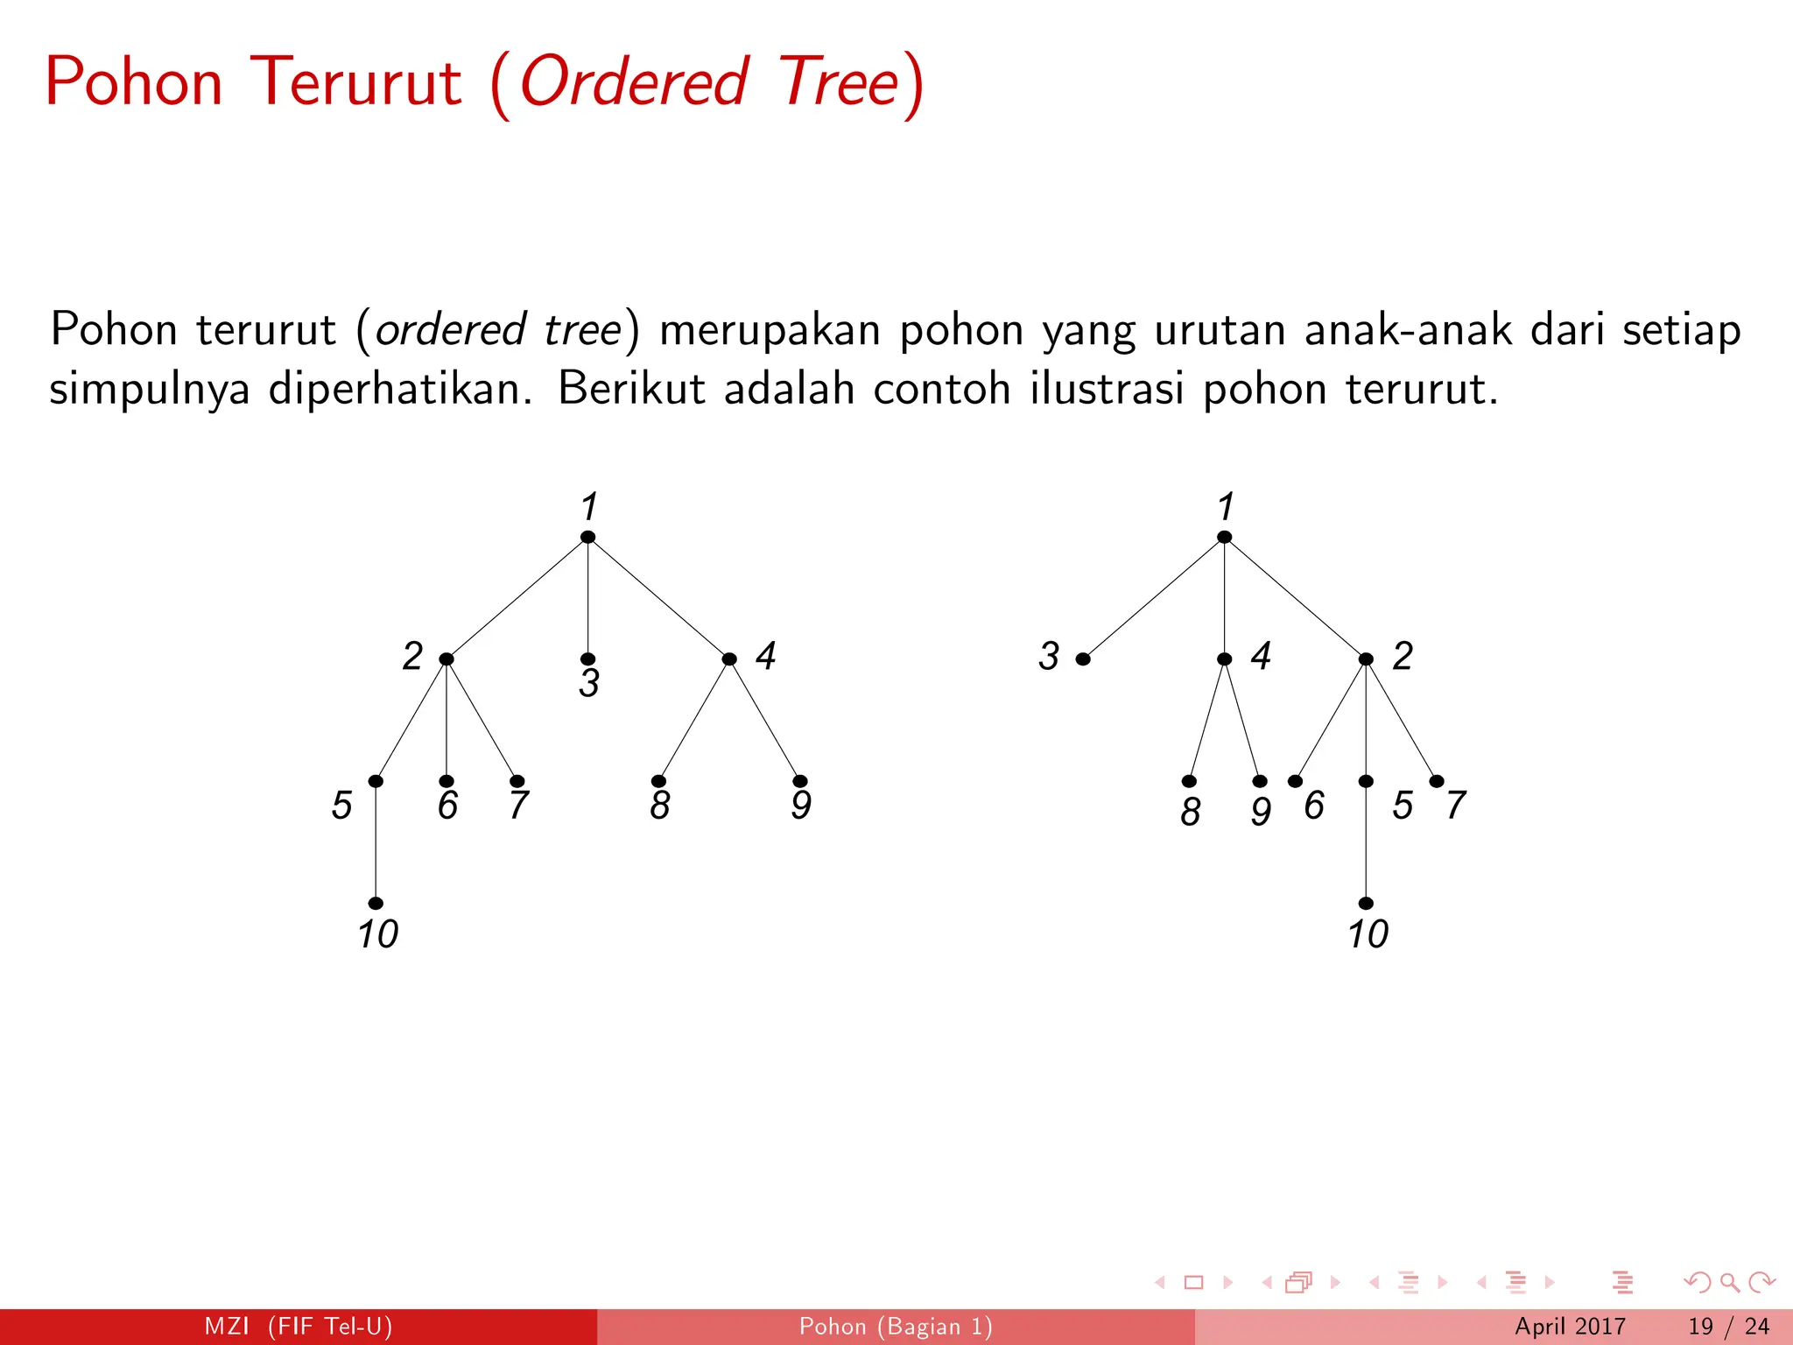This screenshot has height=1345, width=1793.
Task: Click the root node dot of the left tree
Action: click(588, 537)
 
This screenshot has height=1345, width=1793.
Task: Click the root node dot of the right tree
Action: click(1225, 537)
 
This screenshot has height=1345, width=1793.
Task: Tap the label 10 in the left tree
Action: click(377, 934)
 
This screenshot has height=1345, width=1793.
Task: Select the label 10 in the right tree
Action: click(1368, 934)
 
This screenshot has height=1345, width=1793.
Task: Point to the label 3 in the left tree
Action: click(589, 684)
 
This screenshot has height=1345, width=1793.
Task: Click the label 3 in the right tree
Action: click(1049, 656)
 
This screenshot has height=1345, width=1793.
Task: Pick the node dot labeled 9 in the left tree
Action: click(800, 781)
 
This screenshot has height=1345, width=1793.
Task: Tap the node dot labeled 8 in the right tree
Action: click(1189, 781)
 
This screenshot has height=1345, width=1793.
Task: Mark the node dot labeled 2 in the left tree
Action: click(446, 659)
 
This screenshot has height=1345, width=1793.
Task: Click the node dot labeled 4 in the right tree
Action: click(1225, 659)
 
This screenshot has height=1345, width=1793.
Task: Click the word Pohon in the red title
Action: click(134, 82)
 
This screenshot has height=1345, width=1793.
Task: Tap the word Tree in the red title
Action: click(838, 82)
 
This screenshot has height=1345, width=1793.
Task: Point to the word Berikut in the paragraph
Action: click(630, 388)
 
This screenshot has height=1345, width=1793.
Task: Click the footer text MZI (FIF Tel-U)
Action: click(298, 1327)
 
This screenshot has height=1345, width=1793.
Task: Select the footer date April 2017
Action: click(1570, 1327)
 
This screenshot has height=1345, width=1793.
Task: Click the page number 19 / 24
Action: click(1728, 1327)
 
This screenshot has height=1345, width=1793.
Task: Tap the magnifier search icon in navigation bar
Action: click(1729, 1283)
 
